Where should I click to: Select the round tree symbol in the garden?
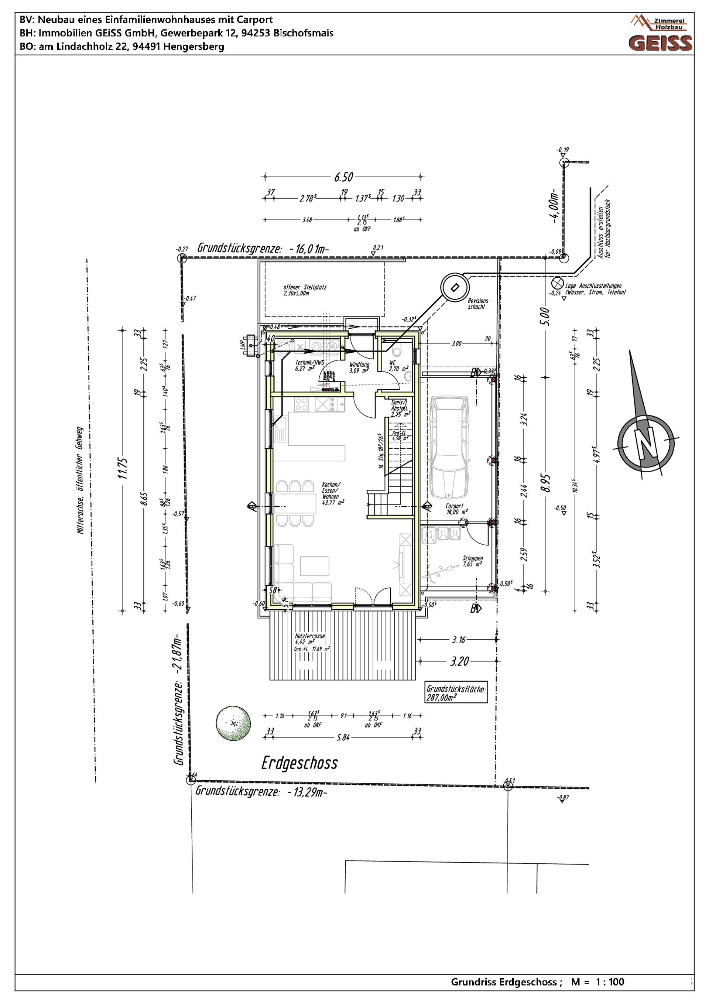233,723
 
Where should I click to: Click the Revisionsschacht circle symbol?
455,287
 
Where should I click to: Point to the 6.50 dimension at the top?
343,177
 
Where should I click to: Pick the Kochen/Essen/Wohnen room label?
332,494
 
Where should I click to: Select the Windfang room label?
359,367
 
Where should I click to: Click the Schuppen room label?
473,561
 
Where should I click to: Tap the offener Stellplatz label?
305,290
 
